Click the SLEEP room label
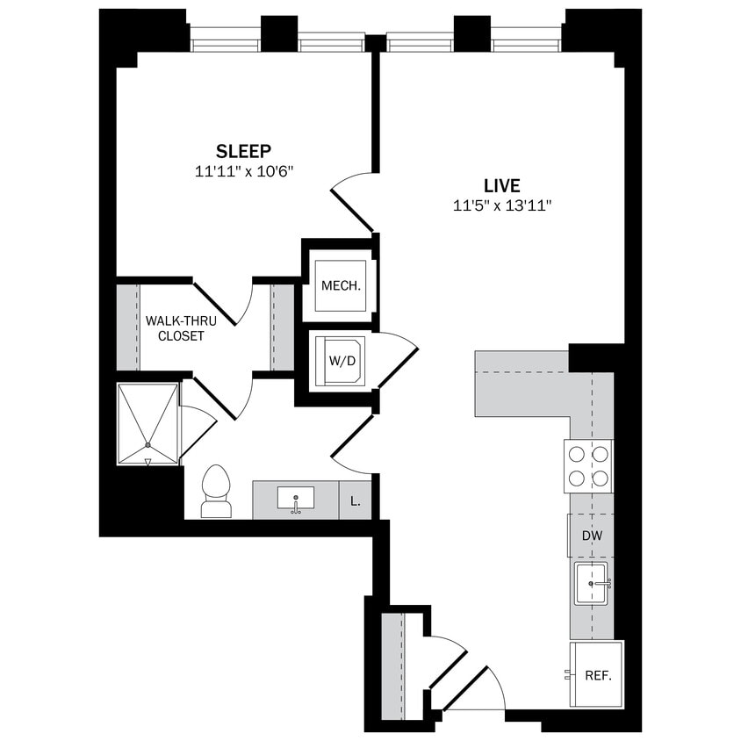pos(243,150)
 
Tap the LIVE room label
pos(502,185)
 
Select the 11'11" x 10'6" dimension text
pos(243,172)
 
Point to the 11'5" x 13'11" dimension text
pos(502,206)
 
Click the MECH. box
pos(341,286)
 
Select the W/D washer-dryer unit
pos(340,360)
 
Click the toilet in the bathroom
pos(215,492)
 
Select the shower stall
pos(147,422)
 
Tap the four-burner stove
pos(588,466)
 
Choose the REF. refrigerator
pos(597,675)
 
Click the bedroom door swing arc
pos(351,198)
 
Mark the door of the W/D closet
pos(397,360)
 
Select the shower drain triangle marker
pos(147,460)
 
